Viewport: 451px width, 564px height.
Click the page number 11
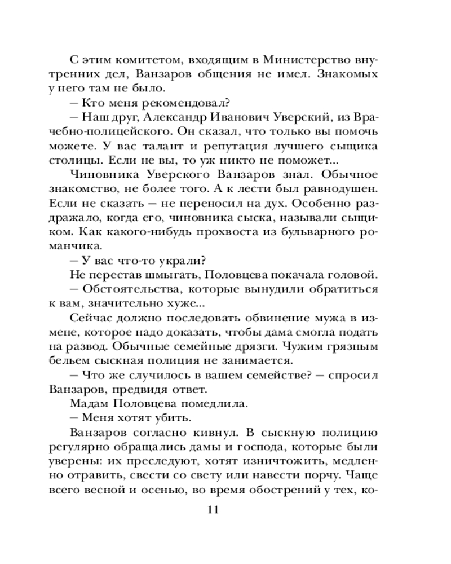[x=211, y=510]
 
